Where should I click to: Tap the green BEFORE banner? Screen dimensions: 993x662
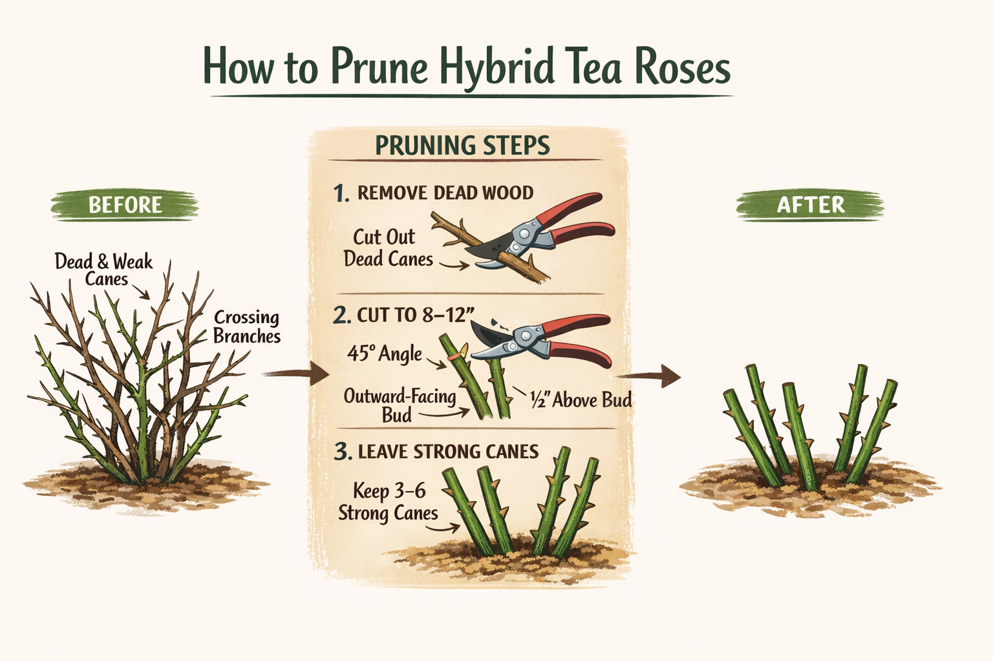coord(125,205)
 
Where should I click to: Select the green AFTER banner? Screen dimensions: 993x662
coord(810,205)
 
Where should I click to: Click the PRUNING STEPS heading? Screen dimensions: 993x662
coord(462,145)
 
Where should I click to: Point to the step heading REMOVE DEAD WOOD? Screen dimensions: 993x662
coord(445,193)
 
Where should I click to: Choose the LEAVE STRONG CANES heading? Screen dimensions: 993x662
coord(448,451)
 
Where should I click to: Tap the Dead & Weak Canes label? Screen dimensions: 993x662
coord(104,270)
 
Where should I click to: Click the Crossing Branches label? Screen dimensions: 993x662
coord(247,326)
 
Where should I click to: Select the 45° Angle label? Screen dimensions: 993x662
coord(385,354)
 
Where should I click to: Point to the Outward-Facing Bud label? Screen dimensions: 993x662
coord(400,405)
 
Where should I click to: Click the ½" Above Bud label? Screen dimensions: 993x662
coord(581,400)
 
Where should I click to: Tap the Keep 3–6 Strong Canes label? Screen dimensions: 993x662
coord(389,502)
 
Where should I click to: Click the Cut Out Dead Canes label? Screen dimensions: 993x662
coord(388,248)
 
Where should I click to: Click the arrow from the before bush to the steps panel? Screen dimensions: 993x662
coord(295,374)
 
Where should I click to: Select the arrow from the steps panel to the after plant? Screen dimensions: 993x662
coord(648,376)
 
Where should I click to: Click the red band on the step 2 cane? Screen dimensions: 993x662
coord(453,356)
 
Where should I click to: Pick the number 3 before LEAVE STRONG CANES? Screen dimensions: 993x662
coord(343,452)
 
